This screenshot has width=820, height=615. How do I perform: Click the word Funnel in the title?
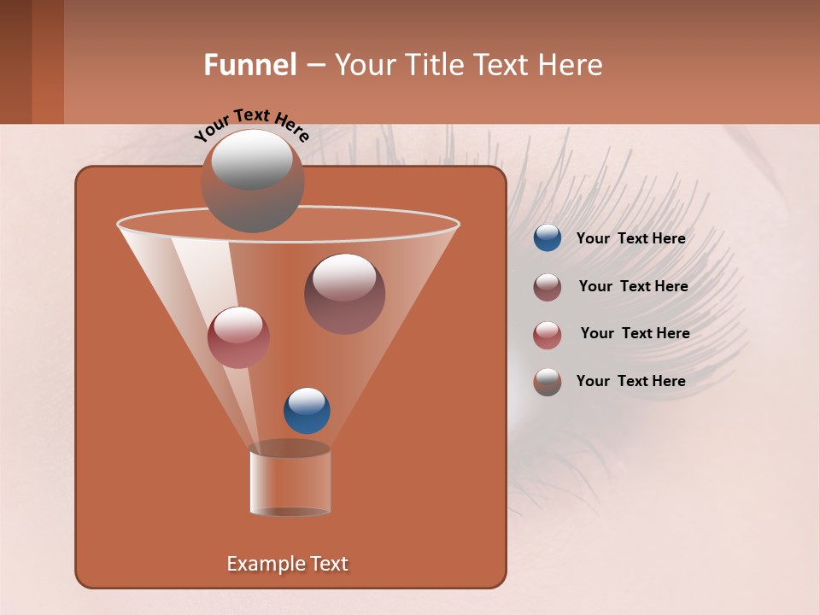coord(250,65)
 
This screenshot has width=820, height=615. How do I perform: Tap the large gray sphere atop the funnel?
coord(252,181)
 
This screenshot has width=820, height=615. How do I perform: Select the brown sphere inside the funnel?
coord(344,294)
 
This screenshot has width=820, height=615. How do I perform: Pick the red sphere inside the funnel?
coord(238,337)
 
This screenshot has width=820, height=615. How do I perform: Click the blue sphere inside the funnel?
coord(307,410)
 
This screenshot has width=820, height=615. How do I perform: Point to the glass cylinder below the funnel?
coord(290,482)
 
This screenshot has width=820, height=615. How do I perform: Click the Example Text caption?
coord(287,564)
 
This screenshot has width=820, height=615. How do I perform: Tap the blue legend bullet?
coord(548,238)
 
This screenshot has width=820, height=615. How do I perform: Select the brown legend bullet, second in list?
coord(548,287)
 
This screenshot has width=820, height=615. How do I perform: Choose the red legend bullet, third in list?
coord(548,335)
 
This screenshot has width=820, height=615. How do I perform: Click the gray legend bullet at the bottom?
coord(548,382)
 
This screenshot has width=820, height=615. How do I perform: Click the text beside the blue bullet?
coord(630,239)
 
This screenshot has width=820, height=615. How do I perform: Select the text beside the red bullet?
coord(635,333)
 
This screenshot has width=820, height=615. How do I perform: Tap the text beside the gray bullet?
coord(630,381)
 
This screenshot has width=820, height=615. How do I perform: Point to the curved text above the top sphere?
coord(251,125)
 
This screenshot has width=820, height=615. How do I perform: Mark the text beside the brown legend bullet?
coord(633,286)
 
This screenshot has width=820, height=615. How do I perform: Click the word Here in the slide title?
coord(571,65)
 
